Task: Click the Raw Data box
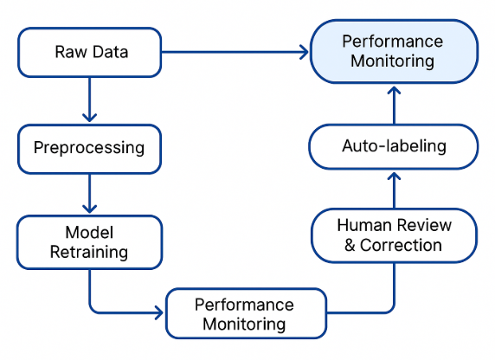[x=90, y=52]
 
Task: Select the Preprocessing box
[x=90, y=147]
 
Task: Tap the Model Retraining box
[x=90, y=241]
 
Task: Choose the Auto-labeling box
[x=394, y=145]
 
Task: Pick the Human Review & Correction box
[x=394, y=235]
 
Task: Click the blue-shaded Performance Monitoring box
[x=394, y=52]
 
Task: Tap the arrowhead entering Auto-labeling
[x=394, y=176]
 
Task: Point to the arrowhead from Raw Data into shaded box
[x=303, y=53]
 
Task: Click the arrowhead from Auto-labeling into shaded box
[x=394, y=92]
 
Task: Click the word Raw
[x=69, y=52]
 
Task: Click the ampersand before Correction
[x=350, y=246]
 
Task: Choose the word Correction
[x=402, y=246]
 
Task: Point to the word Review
[x=421, y=225]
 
